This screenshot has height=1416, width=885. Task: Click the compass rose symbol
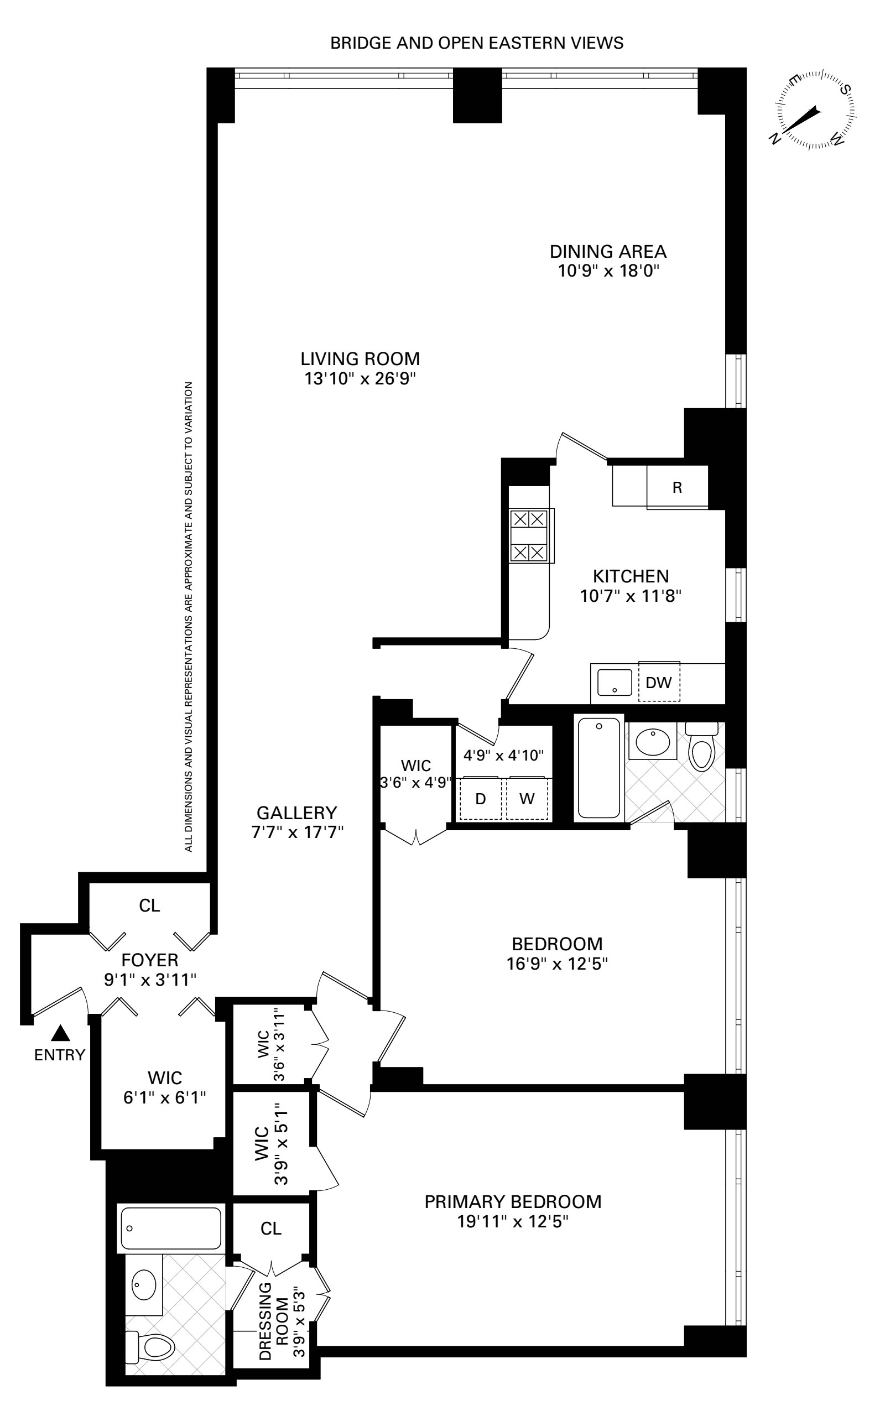813,111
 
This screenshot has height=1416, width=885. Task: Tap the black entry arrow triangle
60,1033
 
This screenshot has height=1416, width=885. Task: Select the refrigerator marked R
677,487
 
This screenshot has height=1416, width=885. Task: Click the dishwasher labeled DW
659,682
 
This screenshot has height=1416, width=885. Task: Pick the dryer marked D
481,799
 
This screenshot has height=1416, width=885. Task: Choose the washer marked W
527,799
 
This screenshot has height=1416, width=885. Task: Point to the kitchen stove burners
529,536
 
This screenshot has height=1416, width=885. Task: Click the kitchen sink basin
615,682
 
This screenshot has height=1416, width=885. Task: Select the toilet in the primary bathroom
152,1345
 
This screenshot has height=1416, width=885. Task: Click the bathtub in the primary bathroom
171,1228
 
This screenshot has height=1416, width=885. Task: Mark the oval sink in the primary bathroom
143,1284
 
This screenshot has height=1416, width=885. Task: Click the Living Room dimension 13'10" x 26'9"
360,378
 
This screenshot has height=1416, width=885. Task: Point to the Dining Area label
607,252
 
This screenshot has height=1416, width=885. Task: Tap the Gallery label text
297,813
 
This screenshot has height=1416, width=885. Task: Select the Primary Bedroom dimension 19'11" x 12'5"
513,1222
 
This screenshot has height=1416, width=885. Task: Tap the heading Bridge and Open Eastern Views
476,43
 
